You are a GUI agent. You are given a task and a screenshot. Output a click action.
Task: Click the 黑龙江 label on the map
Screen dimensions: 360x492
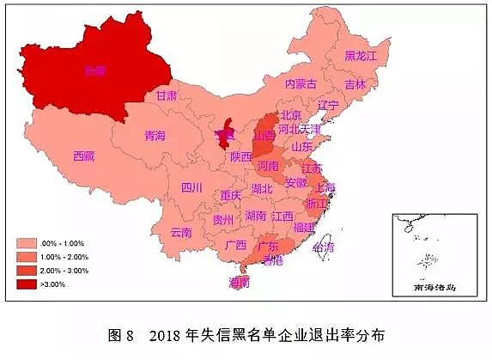point(361,56)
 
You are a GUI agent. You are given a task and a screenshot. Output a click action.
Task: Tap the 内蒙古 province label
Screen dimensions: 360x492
point(301,83)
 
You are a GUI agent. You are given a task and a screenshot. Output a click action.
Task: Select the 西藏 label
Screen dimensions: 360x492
point(84,156)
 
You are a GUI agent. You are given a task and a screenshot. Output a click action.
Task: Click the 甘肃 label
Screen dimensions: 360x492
point(167,96)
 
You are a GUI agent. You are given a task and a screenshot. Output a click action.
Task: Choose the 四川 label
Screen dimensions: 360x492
point(191,187)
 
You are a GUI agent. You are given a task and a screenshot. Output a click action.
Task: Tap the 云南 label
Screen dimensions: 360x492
point(181,232)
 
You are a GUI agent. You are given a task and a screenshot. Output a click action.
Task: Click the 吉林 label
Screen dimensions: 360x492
point(355,84)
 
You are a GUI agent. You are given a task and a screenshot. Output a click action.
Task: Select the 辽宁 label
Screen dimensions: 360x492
point(328,105)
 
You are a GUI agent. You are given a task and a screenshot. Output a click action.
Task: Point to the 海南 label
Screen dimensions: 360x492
point(240,282)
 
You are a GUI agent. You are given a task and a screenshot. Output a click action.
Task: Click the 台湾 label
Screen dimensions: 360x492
point(324,247)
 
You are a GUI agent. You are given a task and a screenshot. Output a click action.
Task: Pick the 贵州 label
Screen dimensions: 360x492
point(222,220)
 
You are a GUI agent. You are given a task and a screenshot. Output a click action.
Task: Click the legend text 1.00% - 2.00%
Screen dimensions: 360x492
point(70,256)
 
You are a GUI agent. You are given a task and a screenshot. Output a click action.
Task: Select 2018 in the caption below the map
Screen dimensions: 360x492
point(165,335)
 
